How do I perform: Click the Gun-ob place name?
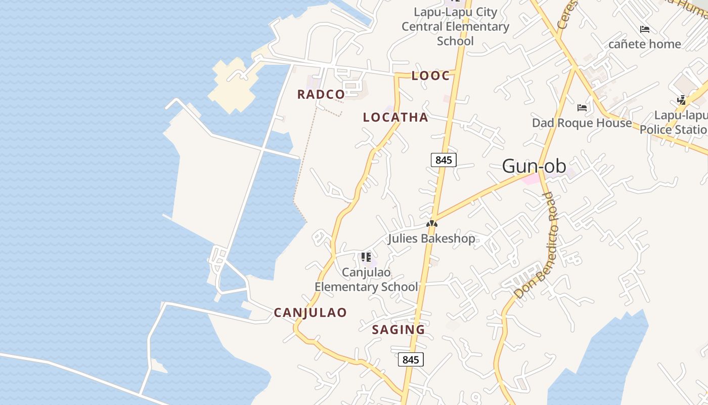coord(534,166)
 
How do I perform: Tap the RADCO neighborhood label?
coord(321,94)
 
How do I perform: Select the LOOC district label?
coord(430,76)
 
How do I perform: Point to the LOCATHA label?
coord(395,117)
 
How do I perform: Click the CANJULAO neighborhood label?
coord(311,313)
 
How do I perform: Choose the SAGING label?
coord(399,330)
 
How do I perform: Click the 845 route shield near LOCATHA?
coord(444,160)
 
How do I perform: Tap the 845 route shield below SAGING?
coord(411,360)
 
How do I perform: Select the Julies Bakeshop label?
coord(431,238)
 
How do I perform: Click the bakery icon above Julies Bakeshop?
coord(431,223)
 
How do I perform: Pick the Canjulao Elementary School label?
coord(366,279)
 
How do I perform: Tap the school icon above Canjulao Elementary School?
coord(366,257)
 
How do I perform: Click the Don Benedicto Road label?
coord(536,246)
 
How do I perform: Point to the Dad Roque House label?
coord(582,123)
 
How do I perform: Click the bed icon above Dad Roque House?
coord(582,108)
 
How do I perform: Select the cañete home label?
coord(644,44)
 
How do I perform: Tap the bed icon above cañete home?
coord(645,29)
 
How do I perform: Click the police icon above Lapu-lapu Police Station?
coord(682,100)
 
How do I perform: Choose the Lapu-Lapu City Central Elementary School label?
coord(455,26)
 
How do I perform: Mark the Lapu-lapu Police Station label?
coord(674,123)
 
